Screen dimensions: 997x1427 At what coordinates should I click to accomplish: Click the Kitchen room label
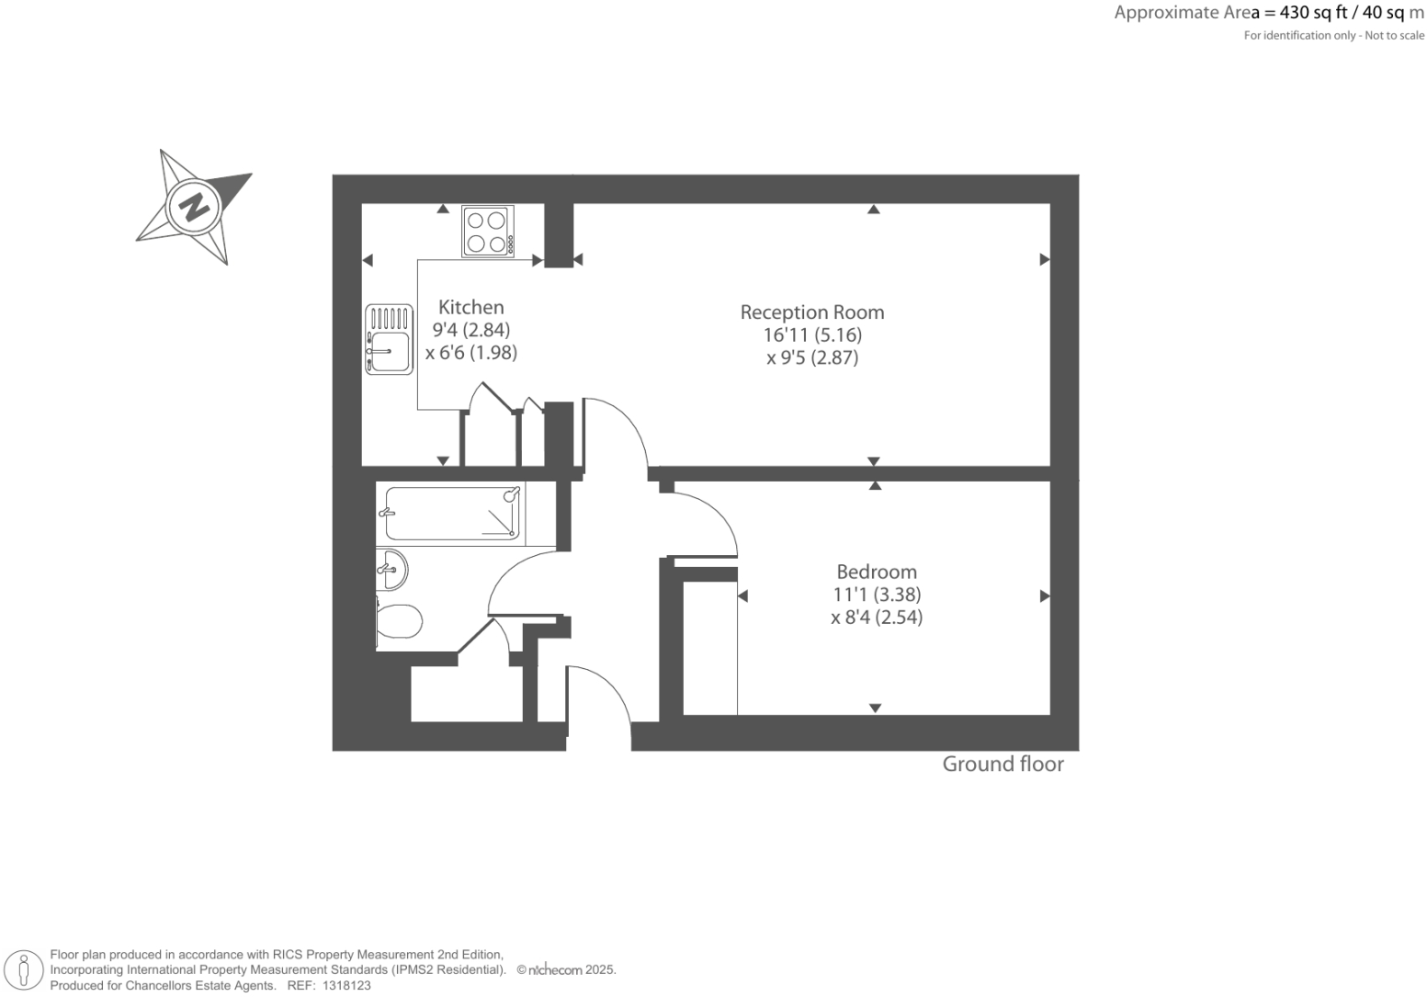click(x=470, y=308)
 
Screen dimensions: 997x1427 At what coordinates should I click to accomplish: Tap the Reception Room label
click(x=812, y=312)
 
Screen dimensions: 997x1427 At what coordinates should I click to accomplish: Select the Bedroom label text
click(x=877, y=572)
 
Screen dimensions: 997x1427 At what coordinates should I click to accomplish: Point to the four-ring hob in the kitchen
click(x=487, y=232)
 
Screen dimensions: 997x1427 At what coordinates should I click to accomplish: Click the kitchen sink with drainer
click(x=389, y=340)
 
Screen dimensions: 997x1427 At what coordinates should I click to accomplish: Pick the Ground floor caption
click(x=1002, y=765)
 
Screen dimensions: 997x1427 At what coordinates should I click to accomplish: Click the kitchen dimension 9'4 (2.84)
click(x=471, y=330)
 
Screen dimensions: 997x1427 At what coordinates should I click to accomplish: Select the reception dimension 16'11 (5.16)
click(x=812, y=335)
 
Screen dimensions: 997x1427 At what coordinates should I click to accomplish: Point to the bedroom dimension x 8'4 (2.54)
click(x=877, y=617)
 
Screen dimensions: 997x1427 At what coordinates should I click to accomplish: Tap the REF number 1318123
click(x=343, y=985)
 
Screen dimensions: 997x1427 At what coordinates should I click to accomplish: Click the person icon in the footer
click(x=25, y=969)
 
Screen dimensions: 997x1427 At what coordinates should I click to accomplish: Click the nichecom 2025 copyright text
click(x=566, y=969)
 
